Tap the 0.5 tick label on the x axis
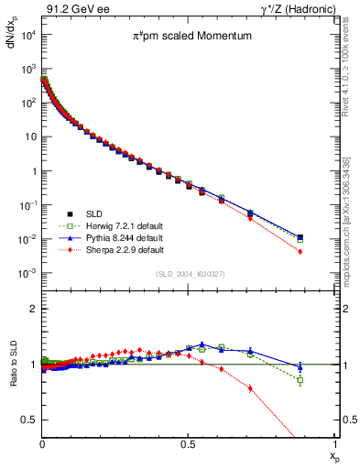(x=188, y=447)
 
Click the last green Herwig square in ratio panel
(x=300, y=380)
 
